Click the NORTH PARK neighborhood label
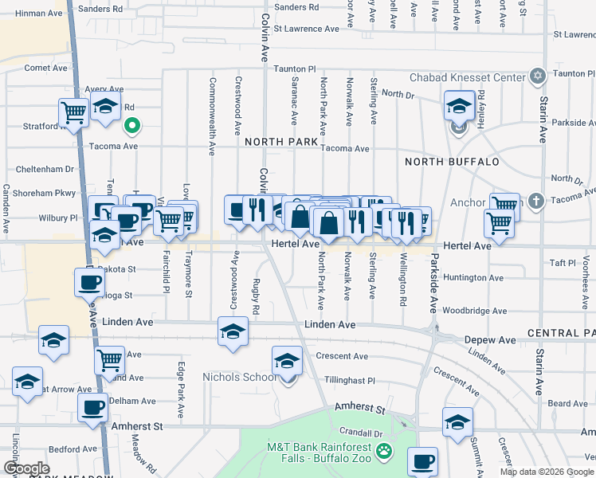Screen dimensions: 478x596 click(280, 141)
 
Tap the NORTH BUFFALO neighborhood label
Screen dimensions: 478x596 click(452, 162)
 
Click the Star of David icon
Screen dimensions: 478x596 click(538, 76)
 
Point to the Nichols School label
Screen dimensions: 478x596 click(238, 377)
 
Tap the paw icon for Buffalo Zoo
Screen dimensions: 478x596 click(385, 451)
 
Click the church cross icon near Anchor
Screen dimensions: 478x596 click(535, 202)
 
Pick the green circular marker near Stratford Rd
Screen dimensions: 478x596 click(132, 125)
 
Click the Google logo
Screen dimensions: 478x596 click(26, 468)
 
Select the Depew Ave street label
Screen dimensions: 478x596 click(490, 339)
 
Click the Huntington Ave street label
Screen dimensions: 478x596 click(474, 278)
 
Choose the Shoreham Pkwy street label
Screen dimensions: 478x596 click(44, 193)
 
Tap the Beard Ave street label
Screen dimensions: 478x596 click(568, 404)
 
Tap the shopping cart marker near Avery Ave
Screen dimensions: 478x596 click(74, 113)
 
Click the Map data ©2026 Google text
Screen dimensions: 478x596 click(546, 472)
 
